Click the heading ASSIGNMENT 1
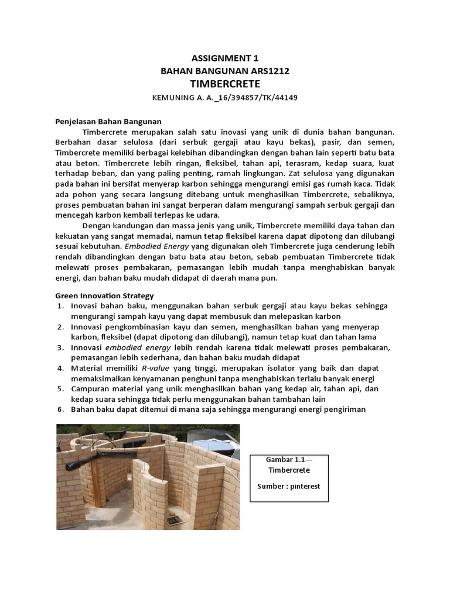tap(225, 58)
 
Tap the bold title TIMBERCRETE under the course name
tap(225, 84)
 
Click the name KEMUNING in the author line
tap(173, 98)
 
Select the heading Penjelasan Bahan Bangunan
tap(108, 122)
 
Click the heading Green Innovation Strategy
tap(104, 296)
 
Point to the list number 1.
tap(60, 306)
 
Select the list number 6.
tap(60, 409)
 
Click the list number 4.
tap(60, 368)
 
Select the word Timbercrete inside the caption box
tap(289, 470)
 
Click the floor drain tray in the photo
tap(173, 519)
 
